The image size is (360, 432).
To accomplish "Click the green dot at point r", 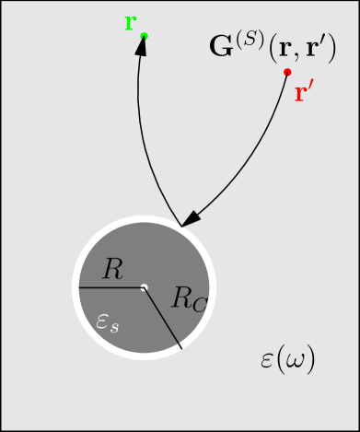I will pos(145,36).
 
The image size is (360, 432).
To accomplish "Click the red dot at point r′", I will pos(287,72).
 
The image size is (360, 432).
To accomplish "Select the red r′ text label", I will pos(303,93).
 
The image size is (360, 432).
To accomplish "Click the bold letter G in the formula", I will pos(220,47).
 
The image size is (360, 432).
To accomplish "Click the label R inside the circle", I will pos(112,269).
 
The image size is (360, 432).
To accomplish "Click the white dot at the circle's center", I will pos(144,288).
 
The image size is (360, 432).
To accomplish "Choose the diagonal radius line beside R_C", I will pos(166,323).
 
